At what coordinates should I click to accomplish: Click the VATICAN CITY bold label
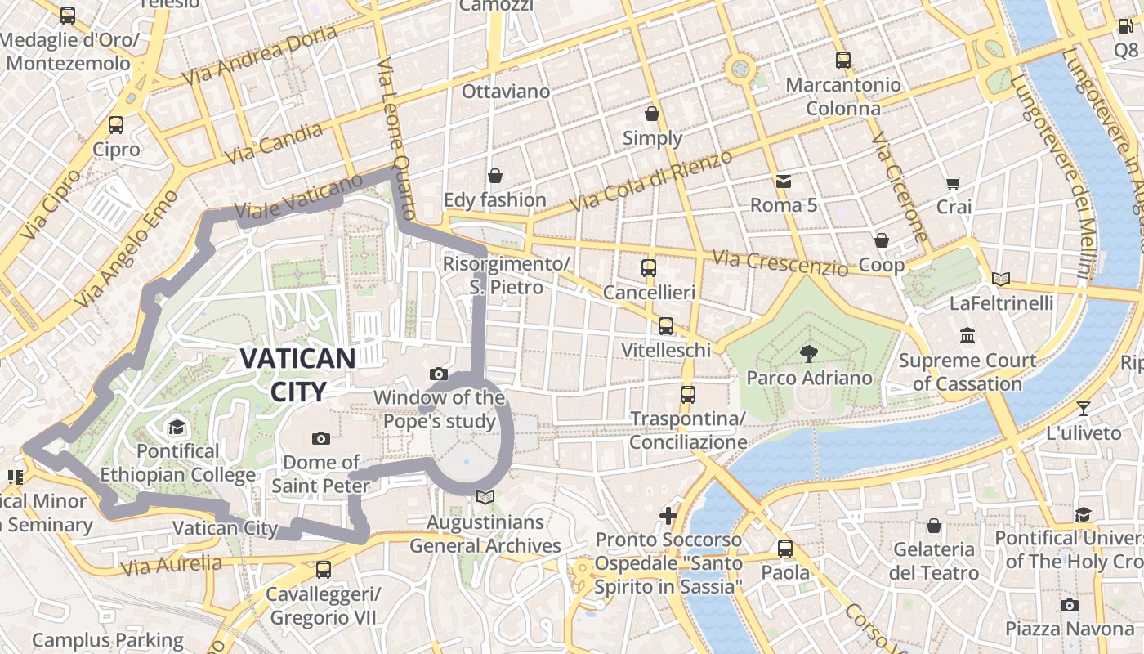(297, 374)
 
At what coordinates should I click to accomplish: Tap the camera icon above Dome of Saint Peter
(321, 438)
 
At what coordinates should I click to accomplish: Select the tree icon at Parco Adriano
(809, 353)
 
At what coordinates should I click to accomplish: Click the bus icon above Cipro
(116, 125)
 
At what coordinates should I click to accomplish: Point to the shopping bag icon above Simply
(652, 113)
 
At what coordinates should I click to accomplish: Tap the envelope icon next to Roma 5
(784, 181)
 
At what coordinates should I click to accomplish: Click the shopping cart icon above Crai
(953, 183)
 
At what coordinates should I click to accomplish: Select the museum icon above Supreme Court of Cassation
(967, 335)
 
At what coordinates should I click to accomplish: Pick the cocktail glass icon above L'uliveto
(1084, 408)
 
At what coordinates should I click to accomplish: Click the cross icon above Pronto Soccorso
(668, 516)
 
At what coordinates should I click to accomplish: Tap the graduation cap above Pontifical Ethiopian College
(177, 427)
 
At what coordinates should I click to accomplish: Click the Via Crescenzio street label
(780, 262)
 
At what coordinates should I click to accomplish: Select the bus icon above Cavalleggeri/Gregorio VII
(324, 569)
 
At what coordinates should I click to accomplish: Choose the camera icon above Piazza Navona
(1069, 605)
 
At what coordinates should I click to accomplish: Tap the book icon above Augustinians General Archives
(485, 497)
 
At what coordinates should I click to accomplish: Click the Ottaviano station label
(506, 92)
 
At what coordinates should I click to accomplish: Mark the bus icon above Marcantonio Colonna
(842, 60)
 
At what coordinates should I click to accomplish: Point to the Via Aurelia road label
(171, 564)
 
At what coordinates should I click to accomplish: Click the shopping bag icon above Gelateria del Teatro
(934, 525)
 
